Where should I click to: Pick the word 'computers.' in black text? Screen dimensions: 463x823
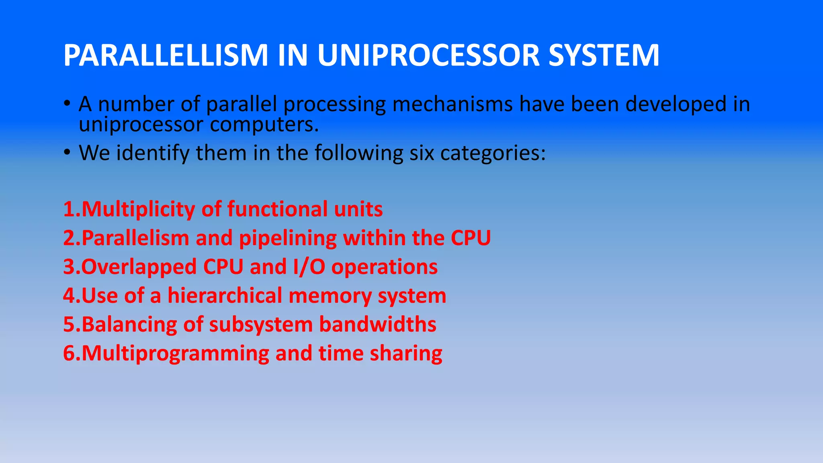pos(264,124)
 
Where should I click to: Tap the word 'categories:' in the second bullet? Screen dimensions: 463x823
pos(493,153)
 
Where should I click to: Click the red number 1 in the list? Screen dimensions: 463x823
pos(69,209)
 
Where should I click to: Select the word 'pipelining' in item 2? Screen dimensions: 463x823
pos(288,238)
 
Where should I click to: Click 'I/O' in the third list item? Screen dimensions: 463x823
pos(309,267)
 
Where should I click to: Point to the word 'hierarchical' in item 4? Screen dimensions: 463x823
pos(225,296)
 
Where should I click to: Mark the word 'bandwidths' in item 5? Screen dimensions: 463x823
pos(377,324)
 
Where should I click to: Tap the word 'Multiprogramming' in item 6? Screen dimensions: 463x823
pos(175,354)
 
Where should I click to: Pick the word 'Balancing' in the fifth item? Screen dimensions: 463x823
pos(129,324)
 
